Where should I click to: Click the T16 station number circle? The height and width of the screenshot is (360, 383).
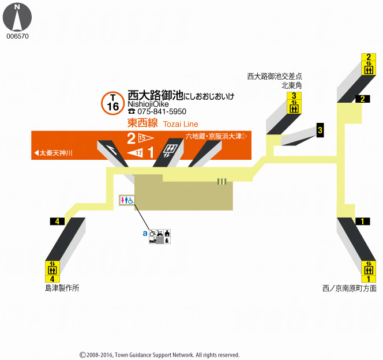click(x=113, y=103)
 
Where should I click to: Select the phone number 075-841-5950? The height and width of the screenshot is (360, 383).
click(x=161, y=111)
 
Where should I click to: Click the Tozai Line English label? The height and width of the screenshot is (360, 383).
click(x=180, y=124)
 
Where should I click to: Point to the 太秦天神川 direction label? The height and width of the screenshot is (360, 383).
click(x=53, y=153)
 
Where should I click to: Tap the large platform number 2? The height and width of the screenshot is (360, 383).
click(x=132, y=138)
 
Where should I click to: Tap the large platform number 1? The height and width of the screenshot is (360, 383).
click(x=151, y=153)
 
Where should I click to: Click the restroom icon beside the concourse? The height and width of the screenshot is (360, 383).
click(x=127, y=200)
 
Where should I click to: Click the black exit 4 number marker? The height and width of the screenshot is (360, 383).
click(x=58, y=222)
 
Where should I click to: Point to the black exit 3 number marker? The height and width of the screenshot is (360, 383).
click(x=320, y=131)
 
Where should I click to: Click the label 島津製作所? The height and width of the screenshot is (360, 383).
click(x=62, y=287)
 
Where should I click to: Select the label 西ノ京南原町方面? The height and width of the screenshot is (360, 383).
click(x=350, y=287)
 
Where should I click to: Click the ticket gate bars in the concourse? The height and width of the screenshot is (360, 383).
click(x=222, y=182)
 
